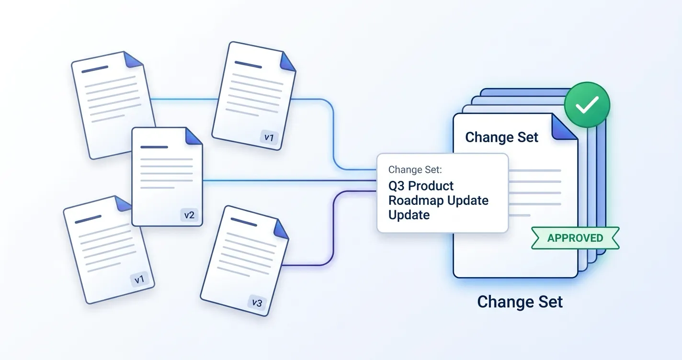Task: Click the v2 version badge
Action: click(x=189, y=215)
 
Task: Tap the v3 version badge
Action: click(x=257, y=303)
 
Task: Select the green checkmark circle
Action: click(x=587, y=105)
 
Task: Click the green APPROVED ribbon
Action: click(x=575, y=238)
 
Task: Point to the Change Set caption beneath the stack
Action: click(x=520, y=302)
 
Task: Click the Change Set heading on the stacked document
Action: click(x=501, y=137)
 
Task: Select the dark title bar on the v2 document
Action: click(x=154, y=147)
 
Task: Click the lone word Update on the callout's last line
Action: click(x=409, y=215)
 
